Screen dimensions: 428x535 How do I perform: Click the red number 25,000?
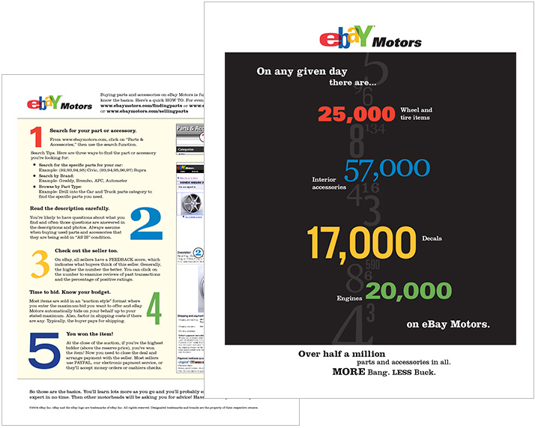click(356, 114)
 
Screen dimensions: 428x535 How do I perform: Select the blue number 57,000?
click(387, 170)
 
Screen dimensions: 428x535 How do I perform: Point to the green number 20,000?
click(408, 292)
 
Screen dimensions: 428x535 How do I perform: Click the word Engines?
click(349, 298)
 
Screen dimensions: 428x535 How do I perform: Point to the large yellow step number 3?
click(40, 264)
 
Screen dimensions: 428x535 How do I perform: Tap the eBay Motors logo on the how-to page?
click(59, 103)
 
